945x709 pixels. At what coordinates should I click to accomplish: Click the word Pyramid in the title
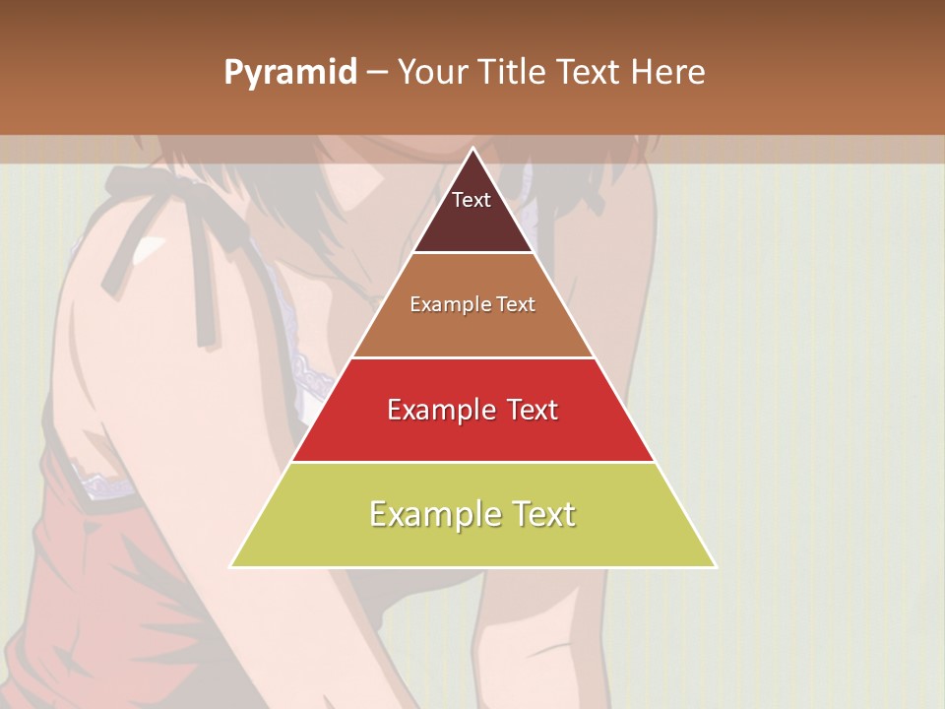point(290,73)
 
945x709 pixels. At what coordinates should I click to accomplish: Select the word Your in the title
point(433,73)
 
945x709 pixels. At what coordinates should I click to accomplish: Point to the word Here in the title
point(669,73)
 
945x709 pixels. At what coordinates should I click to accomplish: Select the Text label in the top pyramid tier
point(472,200)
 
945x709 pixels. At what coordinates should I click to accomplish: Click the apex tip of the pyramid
point(472,149)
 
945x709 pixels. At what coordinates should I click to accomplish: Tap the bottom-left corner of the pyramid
point(231,566)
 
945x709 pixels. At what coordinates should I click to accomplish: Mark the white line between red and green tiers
point(472,462)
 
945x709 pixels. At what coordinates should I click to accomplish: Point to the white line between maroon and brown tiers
point(472,253)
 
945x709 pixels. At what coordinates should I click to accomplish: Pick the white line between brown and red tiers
point(472,357)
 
